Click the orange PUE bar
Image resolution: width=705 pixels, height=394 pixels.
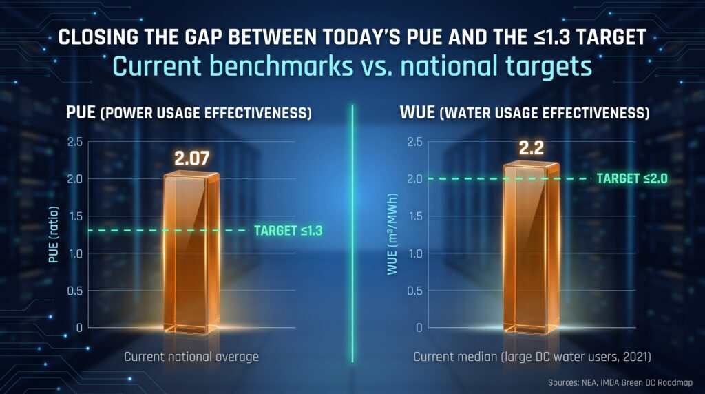click(x=191, y=253)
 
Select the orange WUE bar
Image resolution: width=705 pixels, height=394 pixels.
click(x=531, y=248)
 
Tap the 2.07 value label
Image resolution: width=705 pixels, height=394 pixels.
click(x=192, y=158)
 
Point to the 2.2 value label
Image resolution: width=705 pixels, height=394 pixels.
click(x=532, y=147)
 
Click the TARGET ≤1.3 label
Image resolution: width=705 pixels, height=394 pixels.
click(x=288, y=231)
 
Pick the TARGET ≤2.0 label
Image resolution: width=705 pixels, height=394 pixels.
click(x=632, y=178)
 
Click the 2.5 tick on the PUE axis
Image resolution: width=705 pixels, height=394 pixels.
click(x=75, y=142)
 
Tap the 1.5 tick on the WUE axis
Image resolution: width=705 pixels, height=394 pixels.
click(x=414, y=216)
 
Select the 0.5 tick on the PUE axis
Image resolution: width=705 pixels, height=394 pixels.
click(x=75, y=291)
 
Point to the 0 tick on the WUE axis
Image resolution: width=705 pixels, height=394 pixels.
click(x=419, y=328)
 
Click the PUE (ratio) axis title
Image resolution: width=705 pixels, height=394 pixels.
click(x=54, y=234)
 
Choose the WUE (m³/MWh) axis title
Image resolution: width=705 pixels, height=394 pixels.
click(x=392, y=234)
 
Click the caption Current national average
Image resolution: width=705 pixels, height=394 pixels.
click(x=191, y=357)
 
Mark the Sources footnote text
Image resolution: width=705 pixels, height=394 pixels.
click(x=620, y=383)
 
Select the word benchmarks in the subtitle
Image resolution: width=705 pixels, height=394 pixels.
click(x=282, y=65)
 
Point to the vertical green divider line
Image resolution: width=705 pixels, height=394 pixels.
click(x=352, y=234)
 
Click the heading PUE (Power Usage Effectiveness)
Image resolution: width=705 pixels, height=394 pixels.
click(x=189, y=112)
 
